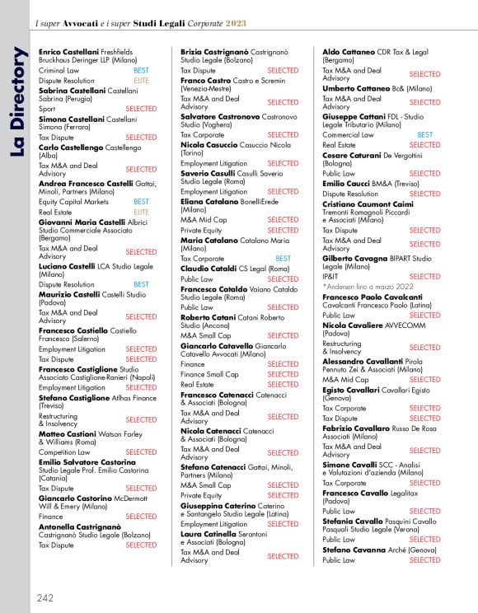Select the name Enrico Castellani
pos(68,51)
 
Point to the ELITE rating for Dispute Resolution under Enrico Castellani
pos(141,81)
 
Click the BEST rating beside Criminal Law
pos(141,71)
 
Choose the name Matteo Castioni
pos(67,433)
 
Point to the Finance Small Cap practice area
pos(209,374)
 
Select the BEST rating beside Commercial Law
pos(424,134)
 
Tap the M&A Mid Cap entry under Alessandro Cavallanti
pos(345,380)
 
